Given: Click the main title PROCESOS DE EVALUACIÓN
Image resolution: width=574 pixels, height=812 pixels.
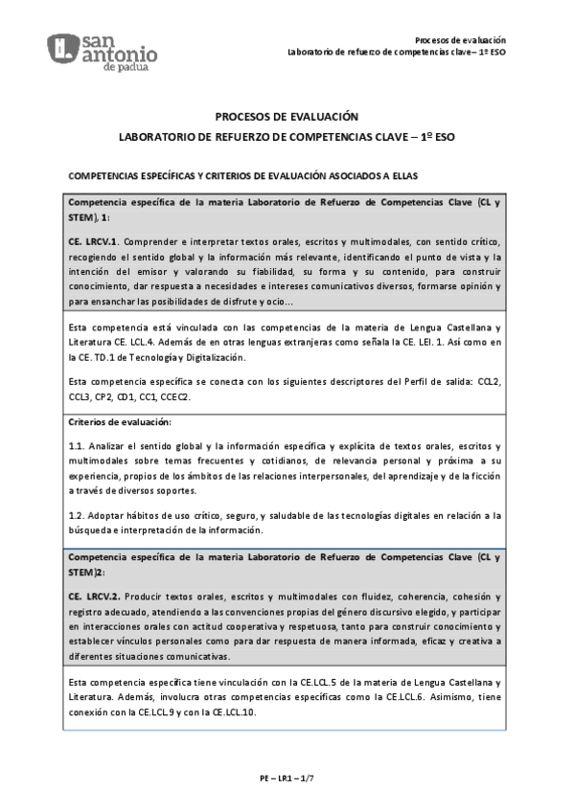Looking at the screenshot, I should [287, 116].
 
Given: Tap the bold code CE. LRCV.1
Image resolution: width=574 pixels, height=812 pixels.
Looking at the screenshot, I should [92, 240].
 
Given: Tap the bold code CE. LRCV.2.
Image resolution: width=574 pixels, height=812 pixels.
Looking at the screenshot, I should [93, 595].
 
